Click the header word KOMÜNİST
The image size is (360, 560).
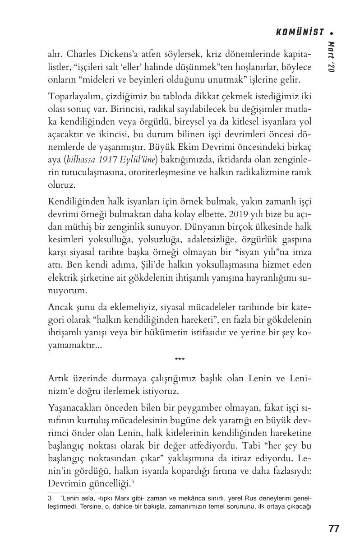pos(300,32)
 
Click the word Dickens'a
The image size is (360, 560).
pos(121,55)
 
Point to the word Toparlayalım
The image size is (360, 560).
pos(70,97)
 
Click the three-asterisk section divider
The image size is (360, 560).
pos(180,360)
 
